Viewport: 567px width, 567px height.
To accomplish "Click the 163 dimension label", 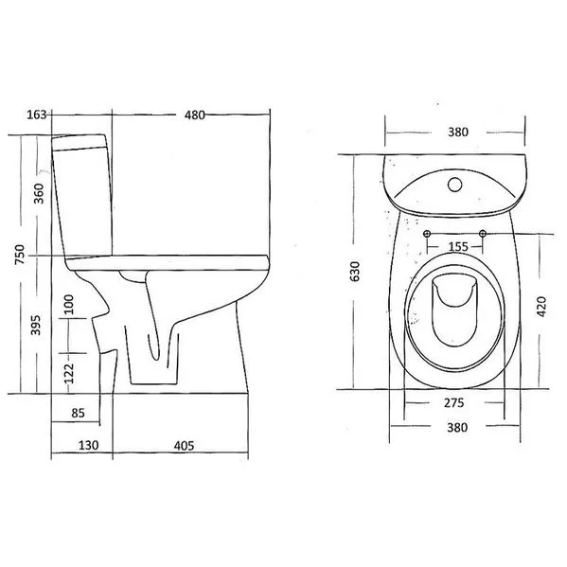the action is click(37, 115).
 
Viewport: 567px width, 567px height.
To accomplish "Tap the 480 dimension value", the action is click(195, 115).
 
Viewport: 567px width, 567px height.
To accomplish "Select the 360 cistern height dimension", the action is click(39, 193).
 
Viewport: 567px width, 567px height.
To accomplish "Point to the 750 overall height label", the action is click(20, 255).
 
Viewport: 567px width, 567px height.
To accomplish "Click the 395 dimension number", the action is click(35, 325).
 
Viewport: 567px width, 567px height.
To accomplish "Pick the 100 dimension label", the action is click(68, 305).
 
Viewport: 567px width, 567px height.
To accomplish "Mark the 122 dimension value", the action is click(68, 374).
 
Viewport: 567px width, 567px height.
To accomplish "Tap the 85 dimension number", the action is click(78, 413).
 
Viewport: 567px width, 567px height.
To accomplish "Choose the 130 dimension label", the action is click(88, 445).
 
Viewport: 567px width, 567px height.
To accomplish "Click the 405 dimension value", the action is click(184, 446).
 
